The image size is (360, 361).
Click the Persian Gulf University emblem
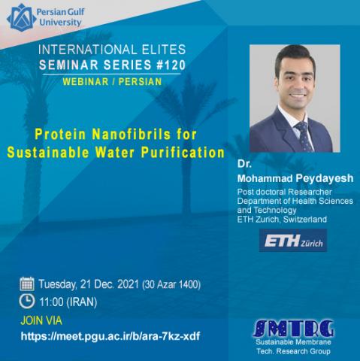21,17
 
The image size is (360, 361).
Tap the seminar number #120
171,65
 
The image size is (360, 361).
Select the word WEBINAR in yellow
86,82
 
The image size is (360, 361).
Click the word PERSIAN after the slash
140,82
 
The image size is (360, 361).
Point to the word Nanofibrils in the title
132,134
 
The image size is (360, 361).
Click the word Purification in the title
183,153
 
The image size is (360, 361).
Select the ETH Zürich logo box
293,241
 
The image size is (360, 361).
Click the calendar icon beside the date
27,284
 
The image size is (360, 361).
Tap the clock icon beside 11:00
27,301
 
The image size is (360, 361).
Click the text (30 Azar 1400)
171,284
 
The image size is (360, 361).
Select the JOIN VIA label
41,320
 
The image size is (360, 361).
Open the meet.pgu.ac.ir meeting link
110,336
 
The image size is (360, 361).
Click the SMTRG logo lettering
293,329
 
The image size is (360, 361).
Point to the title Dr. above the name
244,164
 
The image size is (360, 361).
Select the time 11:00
51,302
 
